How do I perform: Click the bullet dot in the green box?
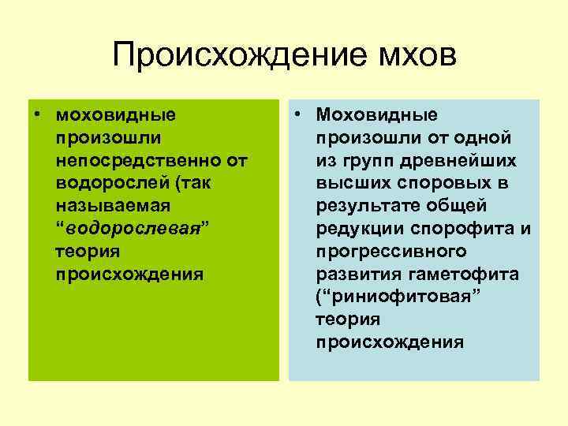37,115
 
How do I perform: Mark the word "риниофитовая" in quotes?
387,297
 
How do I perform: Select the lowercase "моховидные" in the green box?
116,115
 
